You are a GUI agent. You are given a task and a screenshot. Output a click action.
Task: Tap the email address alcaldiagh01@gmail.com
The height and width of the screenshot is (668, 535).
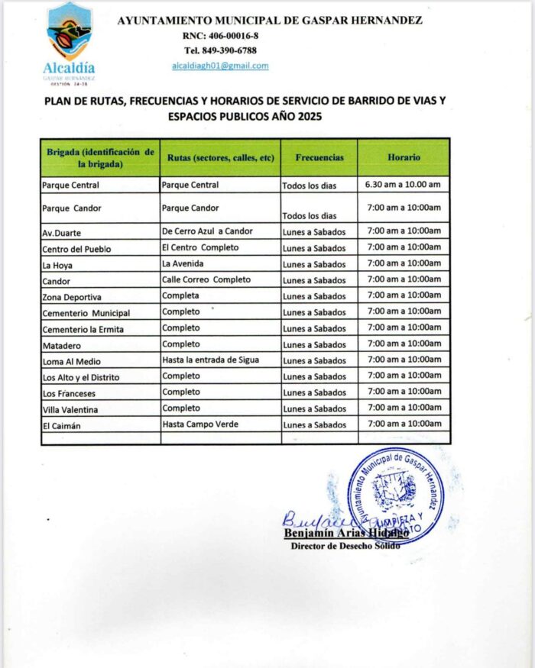[x=220, y=66]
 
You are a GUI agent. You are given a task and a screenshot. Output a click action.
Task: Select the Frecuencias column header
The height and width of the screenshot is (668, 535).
[x=319, y=157]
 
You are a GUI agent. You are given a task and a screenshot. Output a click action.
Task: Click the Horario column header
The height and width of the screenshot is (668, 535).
[x=404, y=157]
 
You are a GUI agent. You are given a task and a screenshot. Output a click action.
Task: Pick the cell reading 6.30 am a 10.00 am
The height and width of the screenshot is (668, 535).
[x=404, y=185]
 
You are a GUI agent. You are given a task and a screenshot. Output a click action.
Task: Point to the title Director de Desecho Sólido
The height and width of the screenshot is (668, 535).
[x=345, y=546]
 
